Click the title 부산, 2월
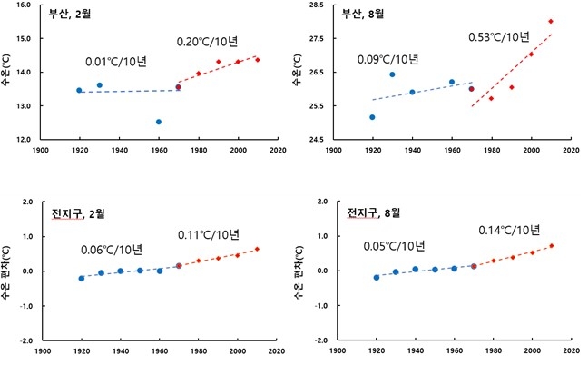pos(70,13)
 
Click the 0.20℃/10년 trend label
pos(207,43)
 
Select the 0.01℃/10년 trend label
pos(116,63)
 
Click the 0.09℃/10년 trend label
pos(388,60)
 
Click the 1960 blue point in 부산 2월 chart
pos(159,122)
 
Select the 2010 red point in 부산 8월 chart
pos(551,21)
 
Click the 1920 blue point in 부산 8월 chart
pos(373,117)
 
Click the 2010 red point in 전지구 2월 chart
pos(257,249)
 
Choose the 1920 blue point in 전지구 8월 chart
pos(377,277)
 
